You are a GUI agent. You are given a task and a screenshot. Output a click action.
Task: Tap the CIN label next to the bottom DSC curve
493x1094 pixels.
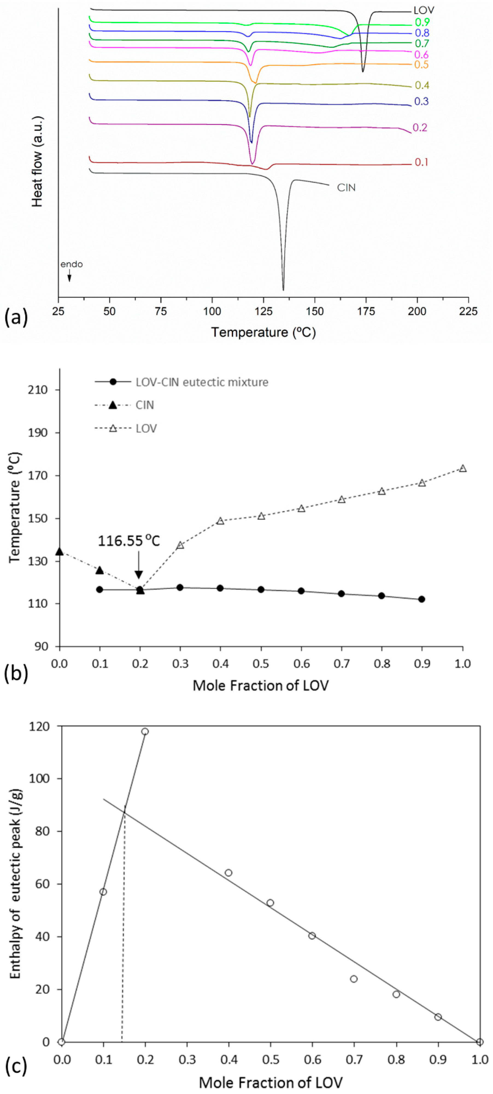pos(346,188)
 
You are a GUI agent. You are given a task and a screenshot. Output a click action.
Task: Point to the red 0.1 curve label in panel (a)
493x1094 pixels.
pos(421,162)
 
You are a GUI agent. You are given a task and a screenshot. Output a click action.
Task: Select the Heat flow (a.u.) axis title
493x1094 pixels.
pos(37,161)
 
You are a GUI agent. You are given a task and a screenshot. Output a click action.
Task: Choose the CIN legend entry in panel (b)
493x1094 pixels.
pos(145,405)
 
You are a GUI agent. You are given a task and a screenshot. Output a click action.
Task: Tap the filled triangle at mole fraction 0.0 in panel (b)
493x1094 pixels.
pos(60,552)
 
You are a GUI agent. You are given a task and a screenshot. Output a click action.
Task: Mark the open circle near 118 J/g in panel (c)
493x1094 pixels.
pos(145,731)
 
